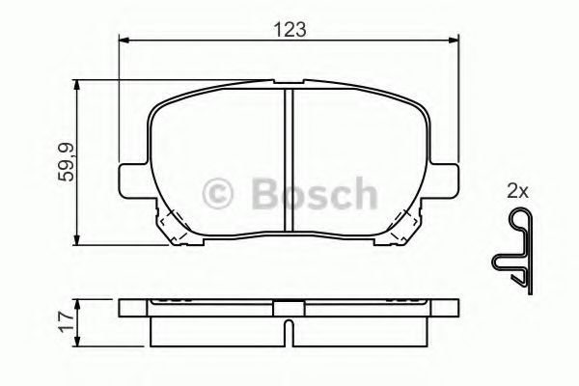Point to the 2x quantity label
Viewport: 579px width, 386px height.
point(517,191)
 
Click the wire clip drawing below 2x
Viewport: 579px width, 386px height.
point(513,252)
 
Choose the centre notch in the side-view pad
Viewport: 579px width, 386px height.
point(289,311)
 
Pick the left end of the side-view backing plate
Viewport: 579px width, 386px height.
point(123,310)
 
